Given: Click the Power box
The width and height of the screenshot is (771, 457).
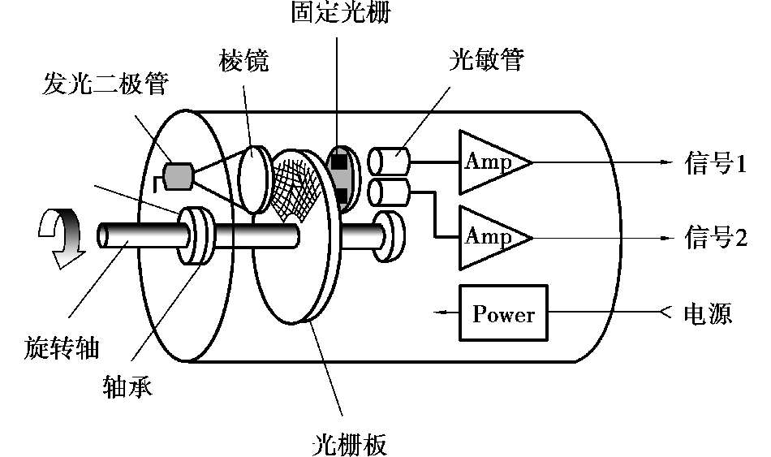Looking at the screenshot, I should tap(503, 313).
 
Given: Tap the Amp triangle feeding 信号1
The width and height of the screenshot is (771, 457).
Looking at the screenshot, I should tap(490, 162).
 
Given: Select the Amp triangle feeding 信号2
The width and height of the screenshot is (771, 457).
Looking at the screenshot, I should tap(490, 237).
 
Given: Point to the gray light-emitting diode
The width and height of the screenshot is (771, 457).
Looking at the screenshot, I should tap(178, 175).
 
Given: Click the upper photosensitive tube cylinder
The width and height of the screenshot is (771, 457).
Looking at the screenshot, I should tap(390, 162).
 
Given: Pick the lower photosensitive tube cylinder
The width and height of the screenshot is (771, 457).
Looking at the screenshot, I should tap(390, 192).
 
